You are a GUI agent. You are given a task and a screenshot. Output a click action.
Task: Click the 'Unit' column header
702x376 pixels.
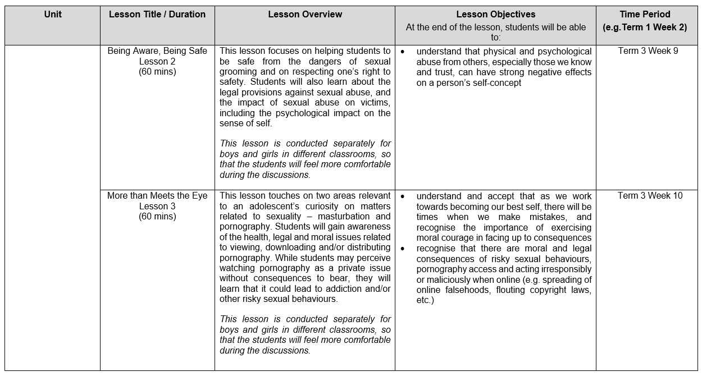click(53, 15)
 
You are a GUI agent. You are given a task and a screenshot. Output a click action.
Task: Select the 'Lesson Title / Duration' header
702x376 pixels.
click(157, 15)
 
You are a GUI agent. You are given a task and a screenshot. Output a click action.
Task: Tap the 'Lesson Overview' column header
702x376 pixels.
click(305, 15)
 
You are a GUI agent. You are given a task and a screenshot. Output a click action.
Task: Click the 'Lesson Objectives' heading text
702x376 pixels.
click(495, 15)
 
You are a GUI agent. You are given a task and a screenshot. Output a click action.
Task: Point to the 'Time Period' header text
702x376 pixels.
click(645, 15)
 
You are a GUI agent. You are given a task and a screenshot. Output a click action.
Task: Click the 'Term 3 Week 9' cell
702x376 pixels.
click(648, 51)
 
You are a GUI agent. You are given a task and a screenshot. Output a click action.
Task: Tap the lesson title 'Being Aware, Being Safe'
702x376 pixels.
click(157, 51)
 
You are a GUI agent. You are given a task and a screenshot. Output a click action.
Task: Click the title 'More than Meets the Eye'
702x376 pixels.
click(157, 196)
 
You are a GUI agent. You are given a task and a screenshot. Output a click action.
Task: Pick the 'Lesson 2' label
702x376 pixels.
click(157, 61)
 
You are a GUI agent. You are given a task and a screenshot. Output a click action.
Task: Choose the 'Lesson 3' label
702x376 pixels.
click(157, 206)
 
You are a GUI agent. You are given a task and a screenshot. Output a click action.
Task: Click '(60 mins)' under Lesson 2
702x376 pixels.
click(157, 72)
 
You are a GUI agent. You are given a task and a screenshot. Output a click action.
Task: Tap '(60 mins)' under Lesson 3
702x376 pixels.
click(157, 217)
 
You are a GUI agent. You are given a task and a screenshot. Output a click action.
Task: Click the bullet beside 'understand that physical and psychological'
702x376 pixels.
click(403, 52)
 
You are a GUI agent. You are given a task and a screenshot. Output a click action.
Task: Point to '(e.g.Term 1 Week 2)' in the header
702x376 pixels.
click(645, 27)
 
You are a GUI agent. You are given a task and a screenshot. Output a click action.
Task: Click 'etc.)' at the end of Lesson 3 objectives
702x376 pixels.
click(425, 300)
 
